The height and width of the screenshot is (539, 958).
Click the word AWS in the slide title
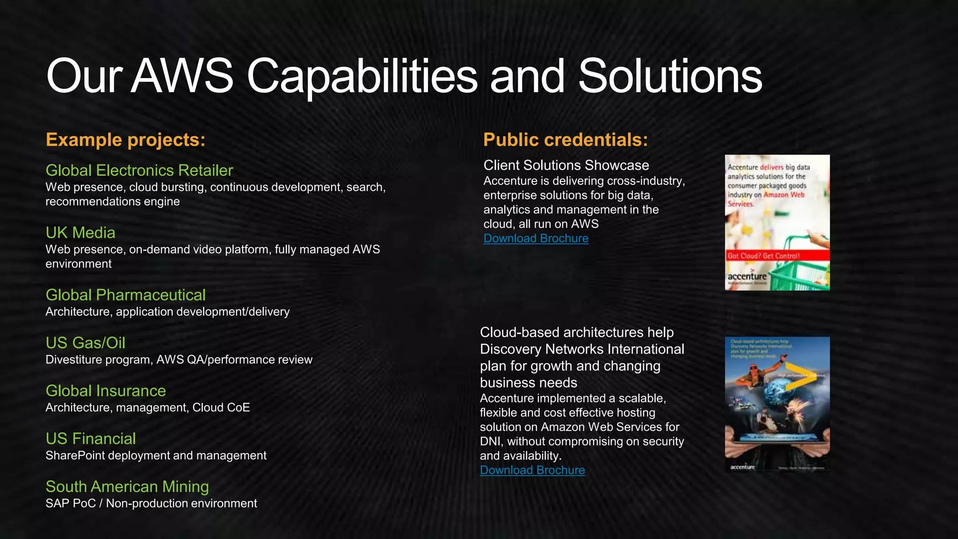[182, 76]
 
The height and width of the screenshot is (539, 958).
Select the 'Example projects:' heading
[125, 140]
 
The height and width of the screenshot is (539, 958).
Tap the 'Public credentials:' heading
[566, 140]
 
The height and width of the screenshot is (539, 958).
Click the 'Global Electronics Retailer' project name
[139, 170]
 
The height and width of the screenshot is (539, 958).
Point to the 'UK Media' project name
[80, 233]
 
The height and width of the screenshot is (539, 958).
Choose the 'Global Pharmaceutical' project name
[125, 295]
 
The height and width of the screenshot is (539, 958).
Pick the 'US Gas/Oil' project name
[85, 343]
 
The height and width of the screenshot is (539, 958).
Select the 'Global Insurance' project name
[106, 391]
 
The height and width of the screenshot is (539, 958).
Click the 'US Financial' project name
[90, 439]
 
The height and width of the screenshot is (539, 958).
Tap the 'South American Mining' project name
[127, 487]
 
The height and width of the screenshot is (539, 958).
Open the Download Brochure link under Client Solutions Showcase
[536, 239]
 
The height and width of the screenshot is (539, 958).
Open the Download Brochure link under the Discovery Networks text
[532, 470]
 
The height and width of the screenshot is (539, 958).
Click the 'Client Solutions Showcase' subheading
[566, 165]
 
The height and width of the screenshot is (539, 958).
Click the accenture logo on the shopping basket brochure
[747, 277]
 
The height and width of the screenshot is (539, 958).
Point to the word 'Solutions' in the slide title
[670, 76]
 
